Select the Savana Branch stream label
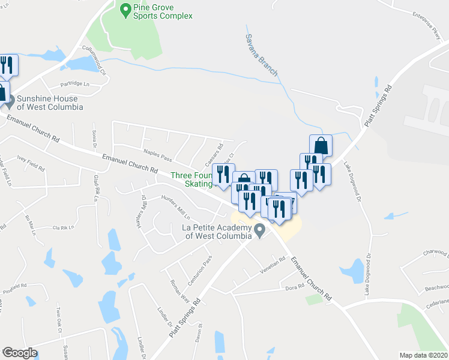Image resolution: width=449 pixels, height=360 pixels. click(261, 55)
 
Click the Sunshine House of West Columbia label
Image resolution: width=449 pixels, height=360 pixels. click(50, 103)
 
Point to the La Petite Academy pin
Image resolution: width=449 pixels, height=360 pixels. click(259, 230)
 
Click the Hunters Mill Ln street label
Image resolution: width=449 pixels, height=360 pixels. click(175, 208)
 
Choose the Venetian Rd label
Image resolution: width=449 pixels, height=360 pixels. click(273, 264)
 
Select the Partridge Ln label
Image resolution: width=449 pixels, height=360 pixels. click(74, 84)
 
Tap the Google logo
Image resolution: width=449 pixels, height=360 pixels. click(20, 353)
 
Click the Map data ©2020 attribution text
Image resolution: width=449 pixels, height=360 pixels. click(423, 355)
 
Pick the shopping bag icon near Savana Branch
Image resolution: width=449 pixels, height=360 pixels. click(321, 145)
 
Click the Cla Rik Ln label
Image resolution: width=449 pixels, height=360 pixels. click(63, 227)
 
